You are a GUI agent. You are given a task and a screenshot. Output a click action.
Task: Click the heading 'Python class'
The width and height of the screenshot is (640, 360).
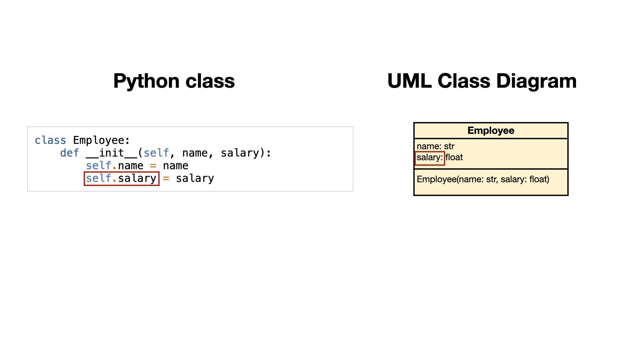(x=174, y=81)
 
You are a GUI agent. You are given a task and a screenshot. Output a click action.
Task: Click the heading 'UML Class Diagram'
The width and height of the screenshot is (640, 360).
(x=482, y=81)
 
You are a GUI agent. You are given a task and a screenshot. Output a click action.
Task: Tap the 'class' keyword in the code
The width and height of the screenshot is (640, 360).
(x=50, y=140)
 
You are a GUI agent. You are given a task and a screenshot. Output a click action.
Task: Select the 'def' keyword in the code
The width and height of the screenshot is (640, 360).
(x=70, y=153)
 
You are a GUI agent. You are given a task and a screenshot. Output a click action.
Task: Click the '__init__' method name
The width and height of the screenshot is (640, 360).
(x=111, y=153)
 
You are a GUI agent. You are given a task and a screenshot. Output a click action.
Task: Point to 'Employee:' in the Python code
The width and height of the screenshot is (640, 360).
(x=101, y=141)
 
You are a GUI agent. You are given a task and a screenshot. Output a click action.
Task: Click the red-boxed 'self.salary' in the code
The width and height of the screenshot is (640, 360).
(x=121, y=178)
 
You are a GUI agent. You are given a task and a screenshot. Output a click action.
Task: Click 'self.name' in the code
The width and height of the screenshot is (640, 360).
(x=115, y=166)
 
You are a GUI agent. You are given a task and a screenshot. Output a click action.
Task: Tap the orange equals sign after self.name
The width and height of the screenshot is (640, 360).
(x=153, y=166)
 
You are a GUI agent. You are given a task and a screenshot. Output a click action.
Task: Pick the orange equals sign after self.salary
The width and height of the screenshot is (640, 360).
(x=166, y=178)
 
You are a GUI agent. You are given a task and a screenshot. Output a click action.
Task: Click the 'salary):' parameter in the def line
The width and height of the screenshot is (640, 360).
(x=246, y=153)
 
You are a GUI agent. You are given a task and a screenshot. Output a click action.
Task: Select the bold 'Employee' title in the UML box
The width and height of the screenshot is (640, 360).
(x=491, y=131)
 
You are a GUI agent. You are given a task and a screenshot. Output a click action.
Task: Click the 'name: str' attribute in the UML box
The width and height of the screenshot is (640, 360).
(x=435, y=146)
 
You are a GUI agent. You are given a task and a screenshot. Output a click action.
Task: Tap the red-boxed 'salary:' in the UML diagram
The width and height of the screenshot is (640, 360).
(x=430, y=158)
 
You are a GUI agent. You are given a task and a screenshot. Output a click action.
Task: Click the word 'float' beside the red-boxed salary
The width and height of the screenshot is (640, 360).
(x=454, y=157)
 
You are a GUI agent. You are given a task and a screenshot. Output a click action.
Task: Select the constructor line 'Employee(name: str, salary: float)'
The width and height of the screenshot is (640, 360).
(x=483, y=179)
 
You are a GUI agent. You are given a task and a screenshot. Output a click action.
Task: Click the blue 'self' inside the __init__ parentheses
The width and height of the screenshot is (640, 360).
(x=156, y=153)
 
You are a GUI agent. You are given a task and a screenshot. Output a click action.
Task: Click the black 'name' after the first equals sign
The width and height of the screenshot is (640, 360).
(x=176, y=166)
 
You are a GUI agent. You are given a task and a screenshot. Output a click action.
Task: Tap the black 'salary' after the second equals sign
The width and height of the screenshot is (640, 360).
(x=195, y=178)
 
